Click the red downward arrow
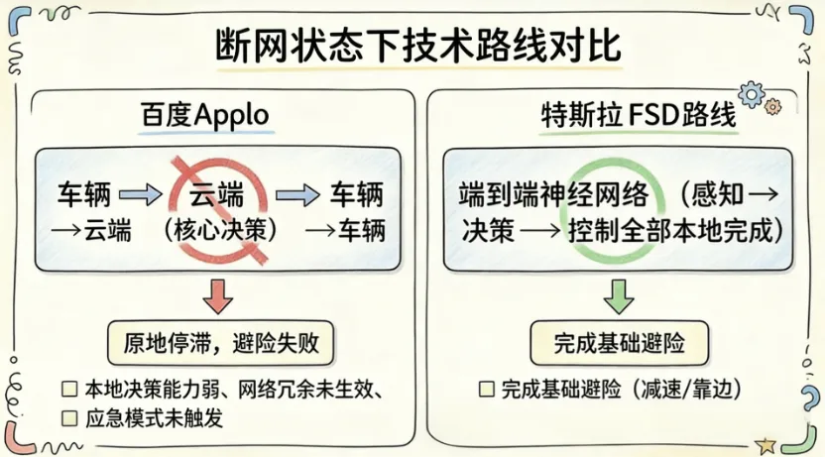[217, 295]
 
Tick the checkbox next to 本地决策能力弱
[69, 388]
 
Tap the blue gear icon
[752, 95]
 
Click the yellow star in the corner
[765, 445]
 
